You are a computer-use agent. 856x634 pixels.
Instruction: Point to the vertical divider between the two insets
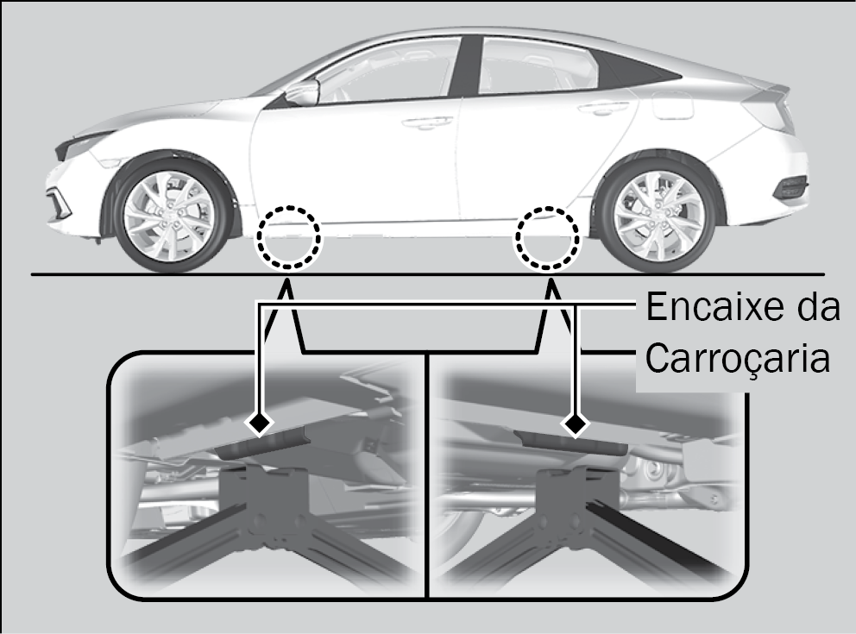[x=428, y=474]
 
